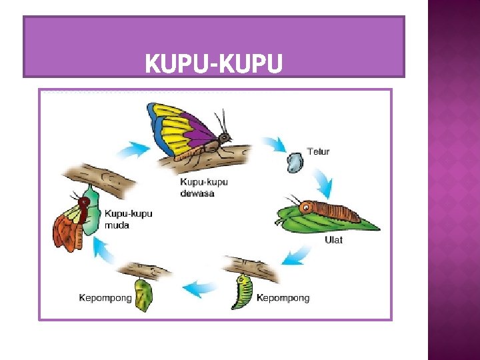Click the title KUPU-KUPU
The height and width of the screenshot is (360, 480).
[213, 64]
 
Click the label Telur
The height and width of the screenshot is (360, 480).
[318, 152]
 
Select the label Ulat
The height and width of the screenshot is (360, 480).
[333, 239]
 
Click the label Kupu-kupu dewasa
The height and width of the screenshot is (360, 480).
[204, 187]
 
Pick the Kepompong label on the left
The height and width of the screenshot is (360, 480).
[105, 298]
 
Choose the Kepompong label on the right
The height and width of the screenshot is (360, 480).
[283, 298]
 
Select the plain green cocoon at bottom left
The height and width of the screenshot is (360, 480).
[143, 296]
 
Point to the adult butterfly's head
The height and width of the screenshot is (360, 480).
[225, 137]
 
